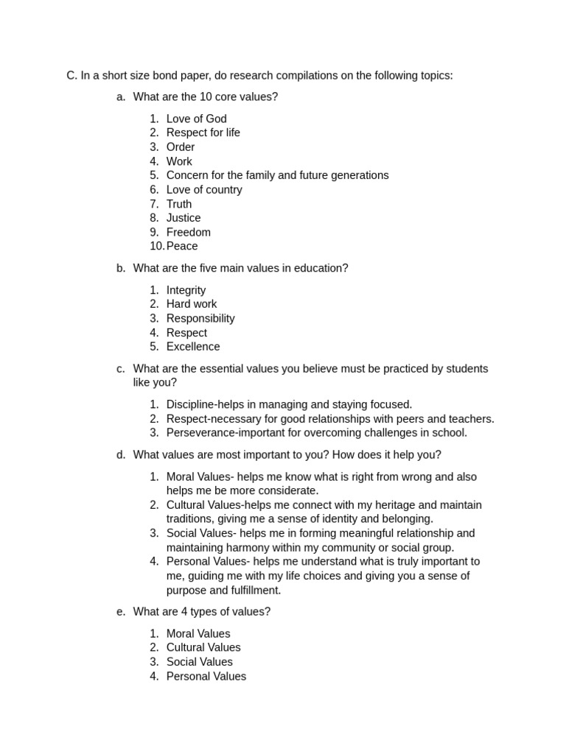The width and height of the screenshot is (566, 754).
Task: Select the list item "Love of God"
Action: point(196,119)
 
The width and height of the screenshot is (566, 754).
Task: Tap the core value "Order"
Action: point(181,147)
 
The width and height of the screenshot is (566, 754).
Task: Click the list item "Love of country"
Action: point(204,190)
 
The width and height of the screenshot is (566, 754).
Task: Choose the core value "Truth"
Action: point(179,204)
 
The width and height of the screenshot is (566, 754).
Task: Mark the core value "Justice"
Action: point(184,218)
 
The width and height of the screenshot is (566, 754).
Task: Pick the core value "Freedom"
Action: point(189,233)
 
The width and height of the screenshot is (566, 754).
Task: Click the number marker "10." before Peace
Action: point(156,247)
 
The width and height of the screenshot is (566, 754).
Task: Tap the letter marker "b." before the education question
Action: point(121,268)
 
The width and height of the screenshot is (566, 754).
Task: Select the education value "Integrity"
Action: point(186,290)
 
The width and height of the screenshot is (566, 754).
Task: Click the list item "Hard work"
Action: point(192,304)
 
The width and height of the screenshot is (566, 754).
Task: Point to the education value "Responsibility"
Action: point(200,319)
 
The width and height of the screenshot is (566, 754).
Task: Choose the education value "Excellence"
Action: point(193,347)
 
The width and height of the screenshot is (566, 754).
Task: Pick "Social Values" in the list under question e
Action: point(200,662)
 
